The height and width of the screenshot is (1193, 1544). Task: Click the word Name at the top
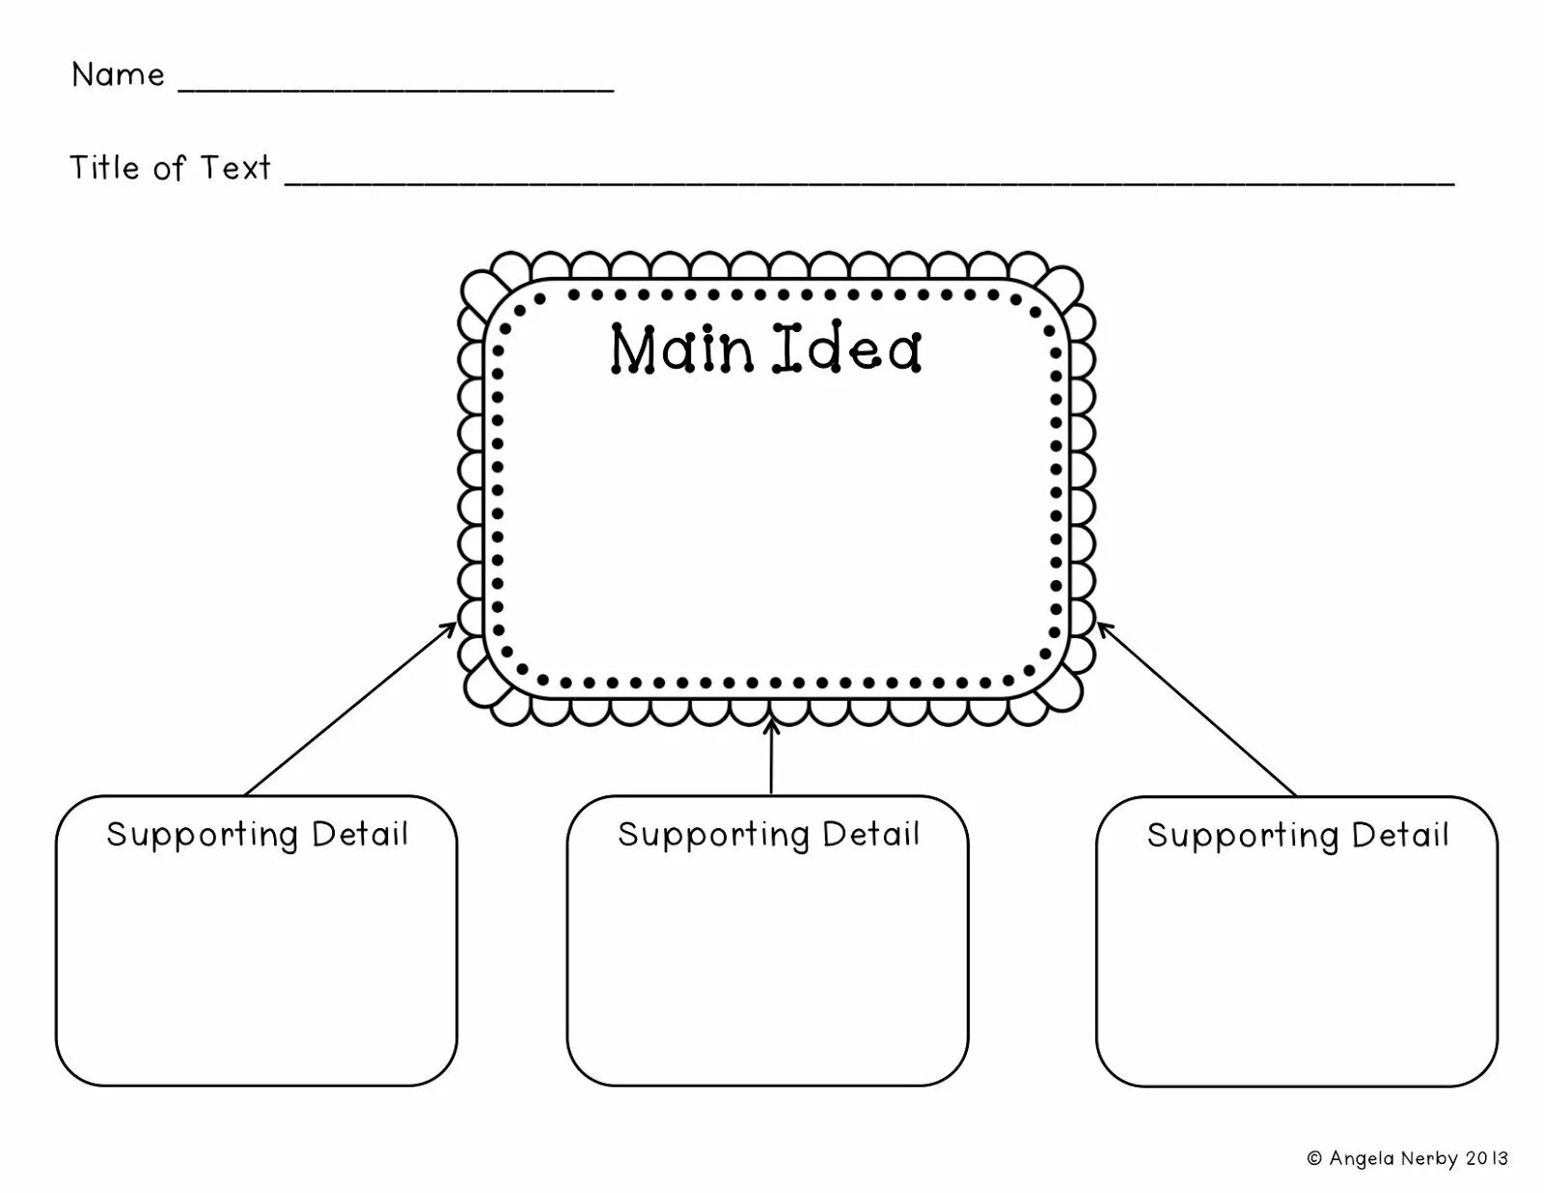[x=118, y=75]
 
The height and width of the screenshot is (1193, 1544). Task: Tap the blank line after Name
[x=396, y=89]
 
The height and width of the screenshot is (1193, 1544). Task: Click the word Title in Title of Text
[x=104, y=168]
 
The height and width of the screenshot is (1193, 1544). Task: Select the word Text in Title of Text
[x=234, y=168]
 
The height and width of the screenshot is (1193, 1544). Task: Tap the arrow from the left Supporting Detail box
[x=350, y=708]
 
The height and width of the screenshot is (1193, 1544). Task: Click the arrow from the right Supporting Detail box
[x=1198, y=708]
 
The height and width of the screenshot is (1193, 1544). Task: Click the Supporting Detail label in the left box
[x=258, y=835]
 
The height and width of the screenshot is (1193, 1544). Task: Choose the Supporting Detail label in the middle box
[x=769, y=835]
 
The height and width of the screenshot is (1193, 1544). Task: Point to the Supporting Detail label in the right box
[x=1298, y=836]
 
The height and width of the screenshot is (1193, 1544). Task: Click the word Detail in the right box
[x=1400, y=835]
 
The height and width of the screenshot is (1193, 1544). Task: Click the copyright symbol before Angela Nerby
[x=1314, y=1158]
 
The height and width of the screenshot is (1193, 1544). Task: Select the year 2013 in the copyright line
[x=1486, y=1158]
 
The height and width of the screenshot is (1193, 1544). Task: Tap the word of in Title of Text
[x=169, y=169]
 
